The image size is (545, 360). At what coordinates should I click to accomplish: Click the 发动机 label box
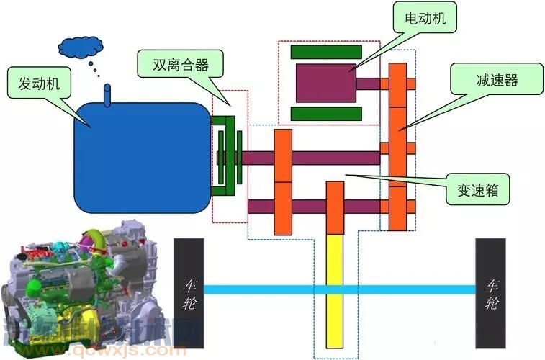39,84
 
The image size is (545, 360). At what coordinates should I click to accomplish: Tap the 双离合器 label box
180,64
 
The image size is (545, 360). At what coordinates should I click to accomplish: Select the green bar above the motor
326,52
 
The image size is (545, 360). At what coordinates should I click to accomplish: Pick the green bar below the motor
326,114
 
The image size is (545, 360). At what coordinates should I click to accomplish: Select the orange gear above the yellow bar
335,207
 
